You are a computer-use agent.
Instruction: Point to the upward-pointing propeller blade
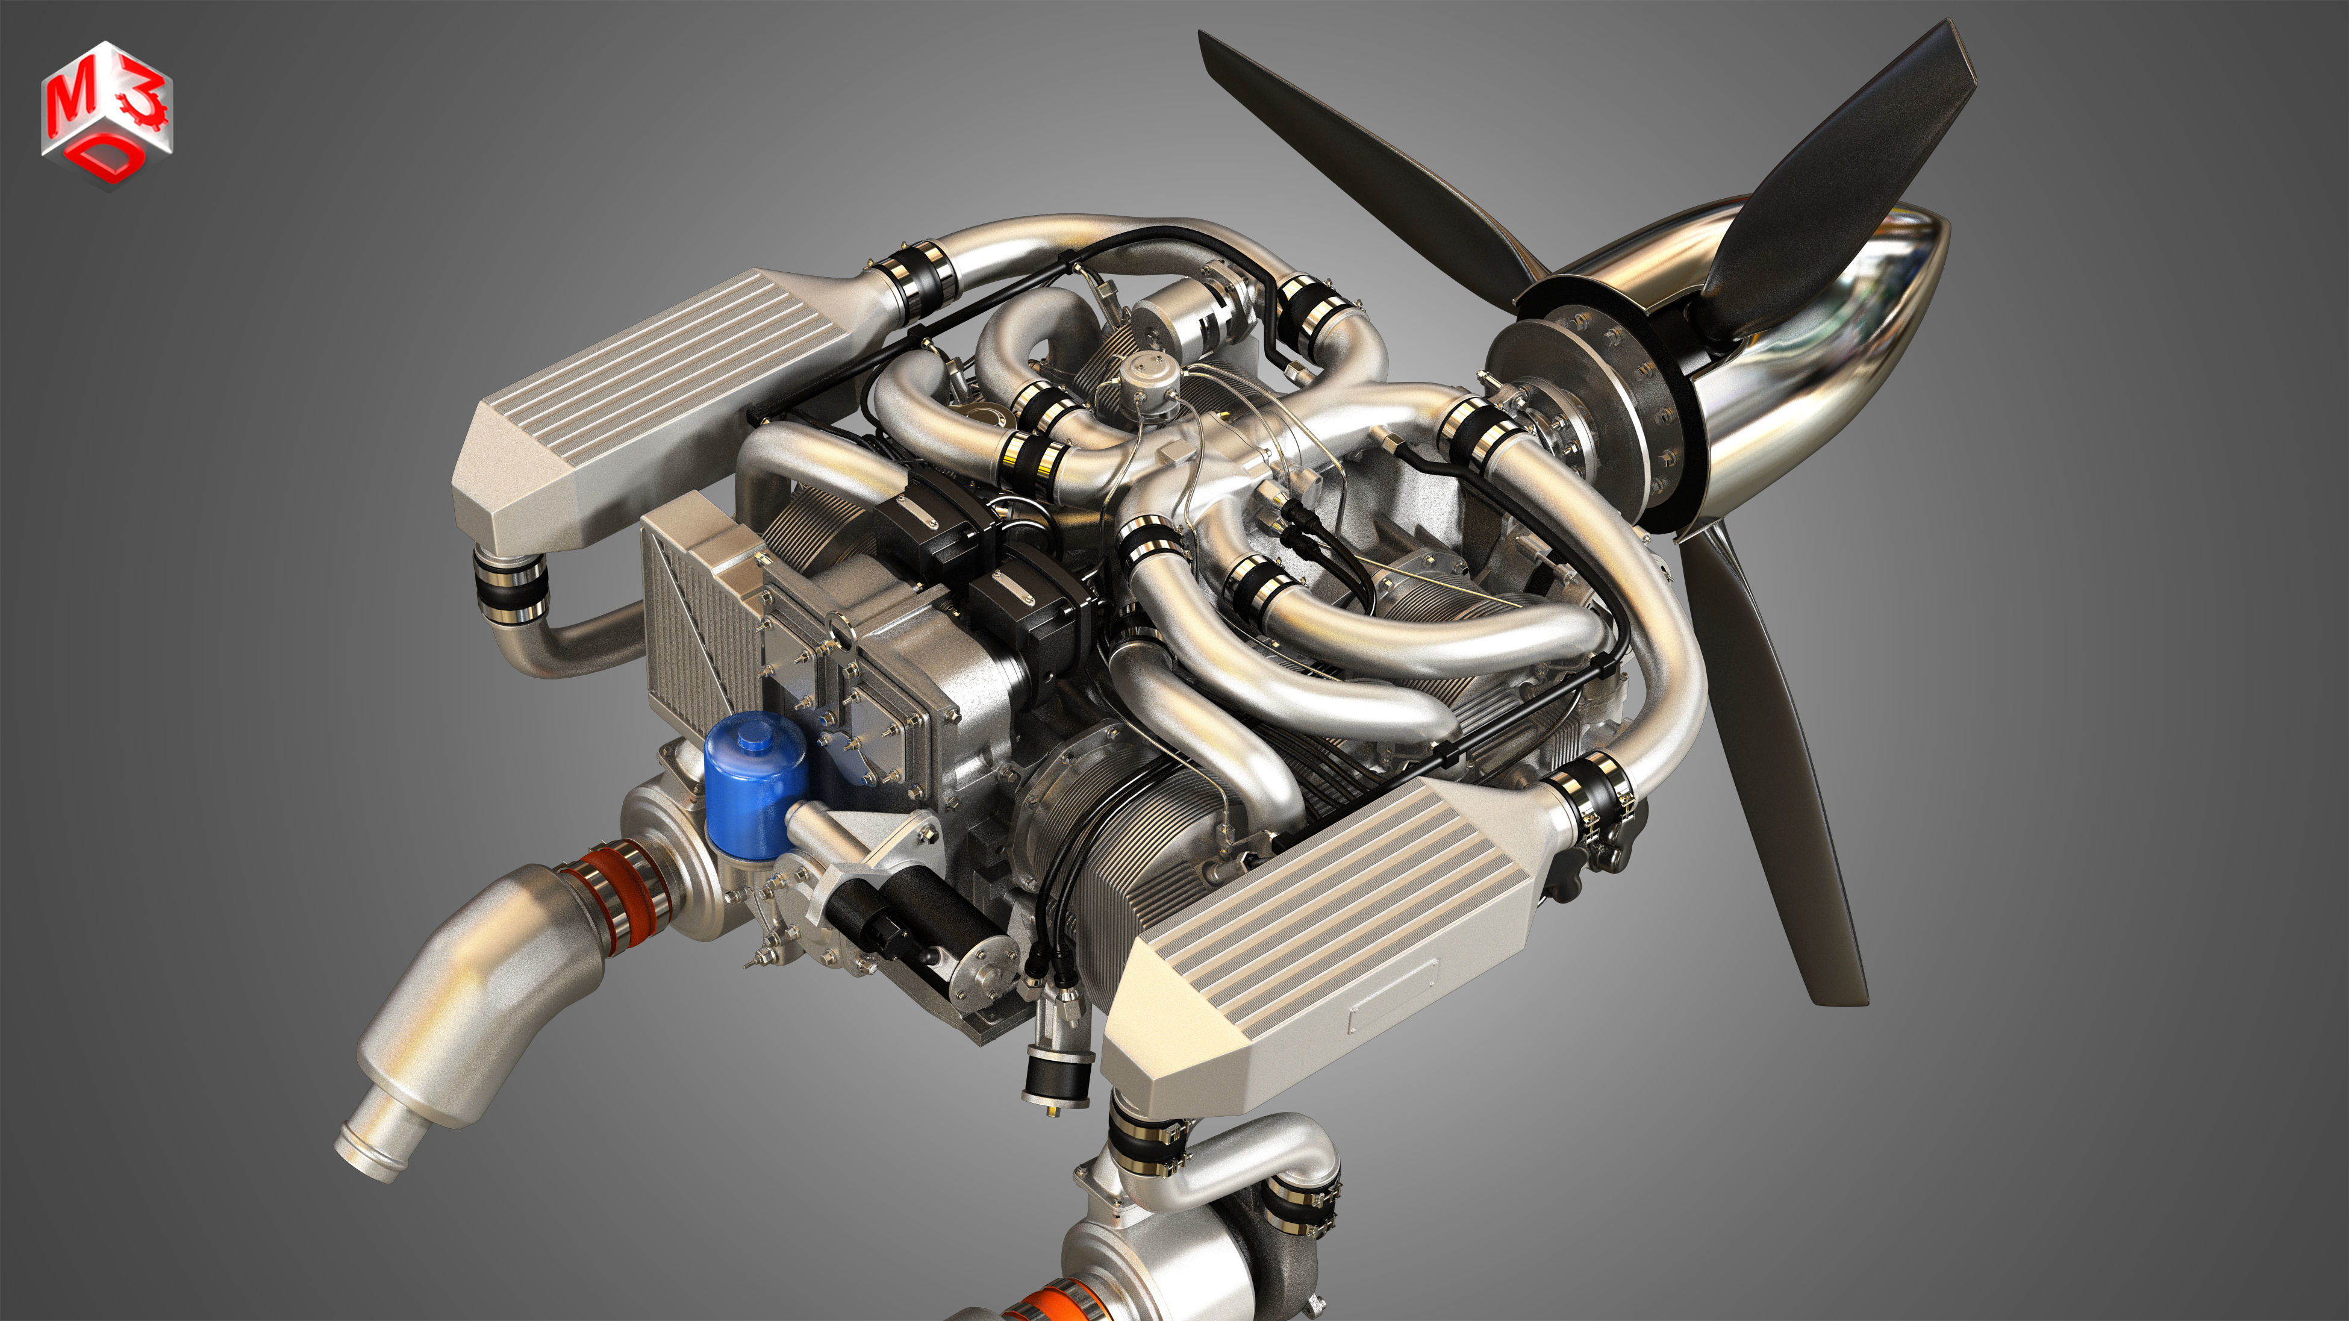(x=1851, y=173)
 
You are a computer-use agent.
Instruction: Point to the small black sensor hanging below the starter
(x=1058, y=1076)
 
